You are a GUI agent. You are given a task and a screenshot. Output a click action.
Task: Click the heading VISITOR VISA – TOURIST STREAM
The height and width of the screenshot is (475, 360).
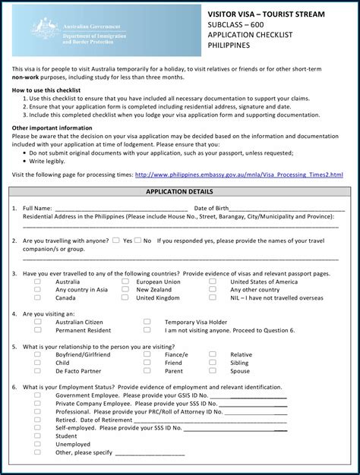pos(266,14)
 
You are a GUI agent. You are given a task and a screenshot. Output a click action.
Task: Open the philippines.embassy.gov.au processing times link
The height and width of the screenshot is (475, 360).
pos(238,175)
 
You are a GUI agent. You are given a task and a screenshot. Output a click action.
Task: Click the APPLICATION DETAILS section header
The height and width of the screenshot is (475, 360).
pos(179,193)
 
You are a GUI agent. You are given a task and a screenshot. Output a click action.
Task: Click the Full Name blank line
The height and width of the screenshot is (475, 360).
pos(122,208)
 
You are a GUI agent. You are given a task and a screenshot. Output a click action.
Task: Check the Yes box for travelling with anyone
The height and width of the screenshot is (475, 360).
pos(116,241)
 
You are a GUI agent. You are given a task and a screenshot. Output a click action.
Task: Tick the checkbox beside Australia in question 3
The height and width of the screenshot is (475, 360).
pos(37,282)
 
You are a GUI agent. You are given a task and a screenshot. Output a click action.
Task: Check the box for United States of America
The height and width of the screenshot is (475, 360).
pos(213,282)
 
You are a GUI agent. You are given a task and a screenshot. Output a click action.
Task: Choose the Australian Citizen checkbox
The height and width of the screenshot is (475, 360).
pos(37,322)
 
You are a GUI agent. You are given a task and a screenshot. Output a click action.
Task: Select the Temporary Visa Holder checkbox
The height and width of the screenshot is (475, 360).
pos(147,322)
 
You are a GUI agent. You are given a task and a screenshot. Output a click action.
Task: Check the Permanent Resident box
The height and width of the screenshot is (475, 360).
pos(37,330)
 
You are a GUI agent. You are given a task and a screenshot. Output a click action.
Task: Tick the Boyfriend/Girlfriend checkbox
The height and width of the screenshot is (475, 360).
pos(37,354)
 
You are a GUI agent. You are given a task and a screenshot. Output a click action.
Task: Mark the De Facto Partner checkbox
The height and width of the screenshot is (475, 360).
pos(37,371)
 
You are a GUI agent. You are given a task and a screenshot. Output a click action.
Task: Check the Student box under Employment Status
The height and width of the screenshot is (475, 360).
pos(37,436)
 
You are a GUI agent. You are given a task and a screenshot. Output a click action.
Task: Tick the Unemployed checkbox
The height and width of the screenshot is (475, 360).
pos(37,444)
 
